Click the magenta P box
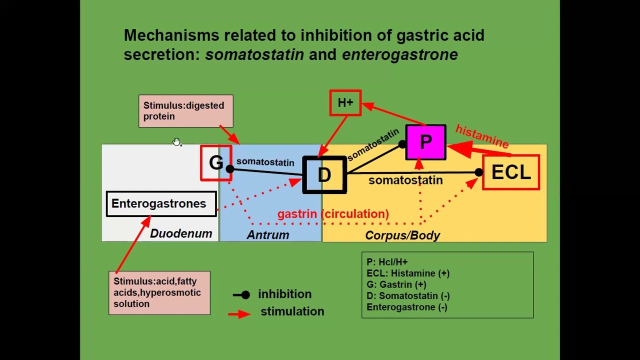[425, 142]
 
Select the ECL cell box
[511, 172]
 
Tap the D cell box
[324, 175]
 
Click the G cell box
[216, 163]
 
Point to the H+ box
[345, 103]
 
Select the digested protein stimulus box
[185, 111]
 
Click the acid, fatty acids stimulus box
[159, 292]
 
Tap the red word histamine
[482, 136]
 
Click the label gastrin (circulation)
[333, 214]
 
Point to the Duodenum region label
[181, 233]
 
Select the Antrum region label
[268, 235]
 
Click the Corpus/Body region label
[402, 235]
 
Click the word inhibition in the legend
[284, 294]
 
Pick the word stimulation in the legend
[292, 311]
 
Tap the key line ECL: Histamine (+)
[408, 273]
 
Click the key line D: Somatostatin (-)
[408, 296]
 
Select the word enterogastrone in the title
[399, 54]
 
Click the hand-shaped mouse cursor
[176, 142]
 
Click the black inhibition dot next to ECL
[478, 172]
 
